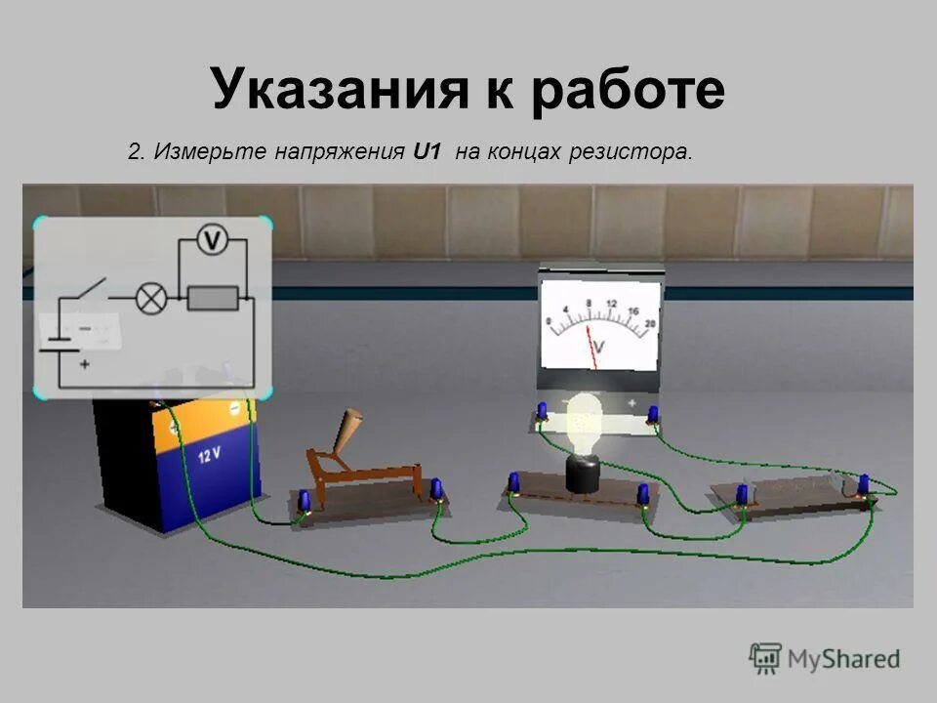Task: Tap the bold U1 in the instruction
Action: coord(428,152)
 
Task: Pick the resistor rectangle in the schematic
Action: coord(213,297)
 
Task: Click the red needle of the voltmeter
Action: coord(591,348)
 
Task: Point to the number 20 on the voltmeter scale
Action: coord(650,322)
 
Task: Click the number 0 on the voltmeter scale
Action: coord(550,322)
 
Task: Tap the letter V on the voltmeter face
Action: coord(598,347)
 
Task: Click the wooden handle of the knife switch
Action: coord(349,431)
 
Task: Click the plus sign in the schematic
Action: coord(85,364)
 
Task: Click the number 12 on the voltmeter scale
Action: coord(612,304)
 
